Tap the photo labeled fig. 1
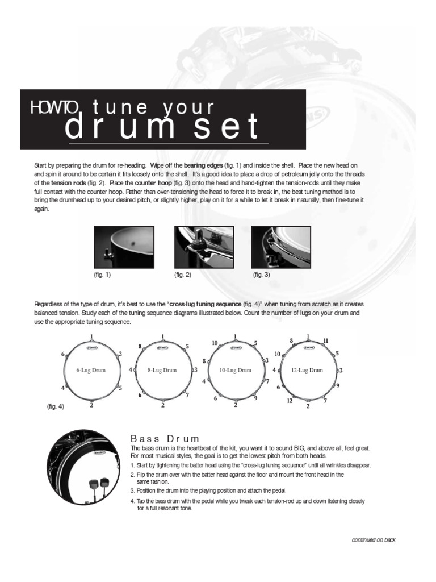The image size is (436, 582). pos(124,247)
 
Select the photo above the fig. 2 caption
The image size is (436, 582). pos(204,247)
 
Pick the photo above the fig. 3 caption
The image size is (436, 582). pos(281,247)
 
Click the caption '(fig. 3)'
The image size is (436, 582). pos(261,275)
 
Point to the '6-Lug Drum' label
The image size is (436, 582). pos(91,370)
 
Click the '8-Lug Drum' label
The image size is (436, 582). pos(162,370)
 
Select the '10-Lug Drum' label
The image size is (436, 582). pos(235,370)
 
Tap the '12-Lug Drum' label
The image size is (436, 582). pos(307,370)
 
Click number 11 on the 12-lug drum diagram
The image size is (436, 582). pos(326,340)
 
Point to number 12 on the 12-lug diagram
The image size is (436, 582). pos(290,401)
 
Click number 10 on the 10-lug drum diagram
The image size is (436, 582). pos(215,343)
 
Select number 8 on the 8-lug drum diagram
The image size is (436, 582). pos(140,346)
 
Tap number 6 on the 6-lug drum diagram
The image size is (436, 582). pos(63,354)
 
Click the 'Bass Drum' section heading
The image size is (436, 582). pos(165,439)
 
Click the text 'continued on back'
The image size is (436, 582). pos(374,540)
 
